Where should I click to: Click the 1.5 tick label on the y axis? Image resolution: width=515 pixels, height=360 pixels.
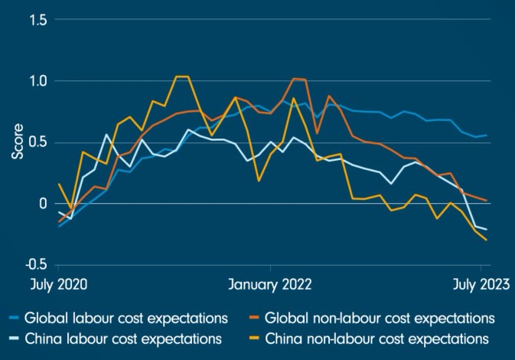tap(36, 20)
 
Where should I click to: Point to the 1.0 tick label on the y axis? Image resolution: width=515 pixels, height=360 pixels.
tap(36, 81)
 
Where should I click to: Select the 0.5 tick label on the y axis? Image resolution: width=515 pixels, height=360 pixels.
tap(36, 142)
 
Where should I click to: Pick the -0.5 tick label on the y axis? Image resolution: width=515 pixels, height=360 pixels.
tap(34, 265)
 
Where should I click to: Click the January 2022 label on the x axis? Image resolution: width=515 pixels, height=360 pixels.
tap(270, 285)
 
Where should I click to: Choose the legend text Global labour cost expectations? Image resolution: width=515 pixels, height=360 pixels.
tap(126, 317)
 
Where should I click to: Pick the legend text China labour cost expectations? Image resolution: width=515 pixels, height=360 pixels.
tap(123, 337)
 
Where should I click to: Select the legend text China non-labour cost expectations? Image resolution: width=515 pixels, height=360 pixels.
tap(377, 337)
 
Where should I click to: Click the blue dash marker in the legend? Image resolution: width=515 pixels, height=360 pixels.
tap(13, 317)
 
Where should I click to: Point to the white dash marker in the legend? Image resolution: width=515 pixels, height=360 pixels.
tap(13, 337)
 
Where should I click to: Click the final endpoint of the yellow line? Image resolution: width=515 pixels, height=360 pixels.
tap(487, 240)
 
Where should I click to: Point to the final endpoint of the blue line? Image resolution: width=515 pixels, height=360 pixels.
tap(487, 135)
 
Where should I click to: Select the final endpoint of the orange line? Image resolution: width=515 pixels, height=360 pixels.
tap(487, 201)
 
